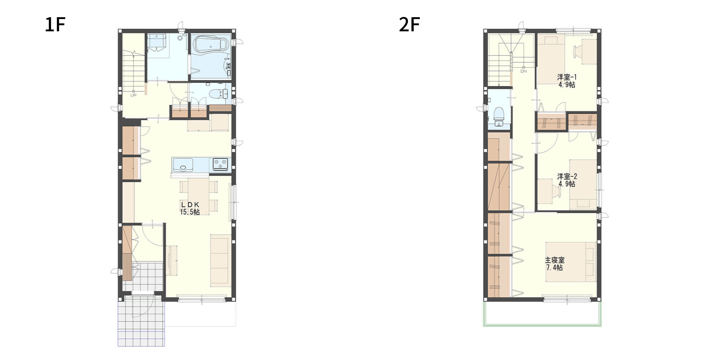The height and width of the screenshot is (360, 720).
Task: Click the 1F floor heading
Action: [x=55, y=25]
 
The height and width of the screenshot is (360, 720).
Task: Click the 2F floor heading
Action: [x=409, y=25]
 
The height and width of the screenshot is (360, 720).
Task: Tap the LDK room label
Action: [x=190, y=204]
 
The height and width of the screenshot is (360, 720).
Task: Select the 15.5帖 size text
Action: [x=190, y=212]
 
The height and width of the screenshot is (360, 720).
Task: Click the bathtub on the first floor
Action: [x=211, y=45]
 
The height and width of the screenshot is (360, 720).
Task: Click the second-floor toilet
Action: [x=499, y=115]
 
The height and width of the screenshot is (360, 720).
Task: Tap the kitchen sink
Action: [x=183, y=165]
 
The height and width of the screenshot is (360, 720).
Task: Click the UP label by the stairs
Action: [x=133, y=95]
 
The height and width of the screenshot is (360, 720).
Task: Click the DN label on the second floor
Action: [x=523, y=71]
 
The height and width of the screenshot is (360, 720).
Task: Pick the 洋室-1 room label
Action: [x=567, y=77]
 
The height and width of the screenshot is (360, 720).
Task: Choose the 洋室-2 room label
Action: [x=567, y=176]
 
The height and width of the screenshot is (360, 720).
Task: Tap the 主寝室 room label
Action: [x=555, y=260]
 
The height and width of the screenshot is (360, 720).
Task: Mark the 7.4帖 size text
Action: [x=554, y=267]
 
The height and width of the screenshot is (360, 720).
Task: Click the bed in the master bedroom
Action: [x=571, y=262]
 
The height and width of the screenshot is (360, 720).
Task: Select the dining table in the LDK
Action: [x=198, y=196]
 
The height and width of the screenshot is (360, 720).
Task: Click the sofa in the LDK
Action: [x=220, y=261]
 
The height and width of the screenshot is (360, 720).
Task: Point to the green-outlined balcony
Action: [x=542, y=314]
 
